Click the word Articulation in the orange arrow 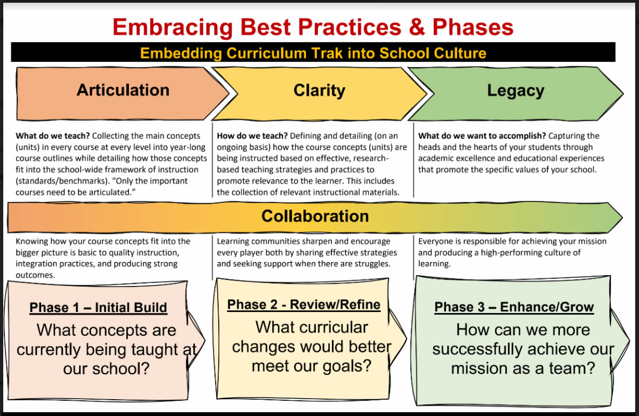click(x=123, y=90)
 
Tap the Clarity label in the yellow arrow click(x=319, y=90)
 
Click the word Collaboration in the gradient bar click(x=315, y=216)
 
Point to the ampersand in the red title click(x=416, y=27)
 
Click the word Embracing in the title click(x=172, y=28)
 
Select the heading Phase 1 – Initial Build click(x=98, y=307)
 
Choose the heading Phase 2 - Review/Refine click(x=304, y=304)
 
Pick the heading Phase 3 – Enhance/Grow click(x=514, y=307)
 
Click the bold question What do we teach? click(x=53, y=135)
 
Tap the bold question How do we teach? click(x=252, y=135)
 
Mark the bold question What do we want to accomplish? click(x=482, y=135)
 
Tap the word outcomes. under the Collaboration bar click(x=35, y=275)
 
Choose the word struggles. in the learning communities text click(x=372, y=264)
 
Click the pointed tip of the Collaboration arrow click(x=622, y=218)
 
